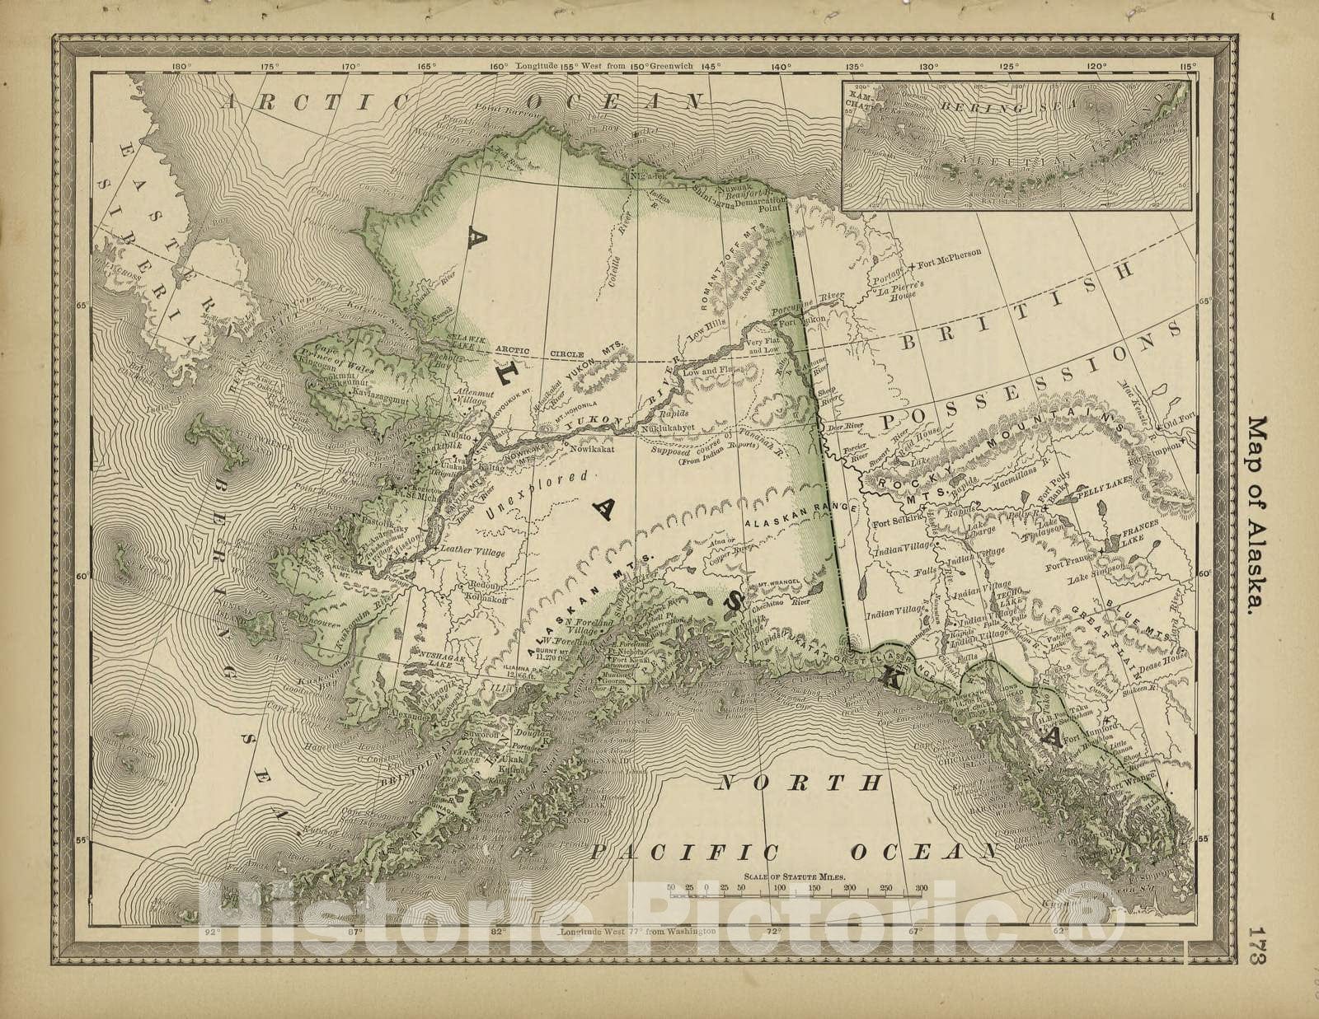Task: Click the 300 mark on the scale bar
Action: (x=920, y=888)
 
